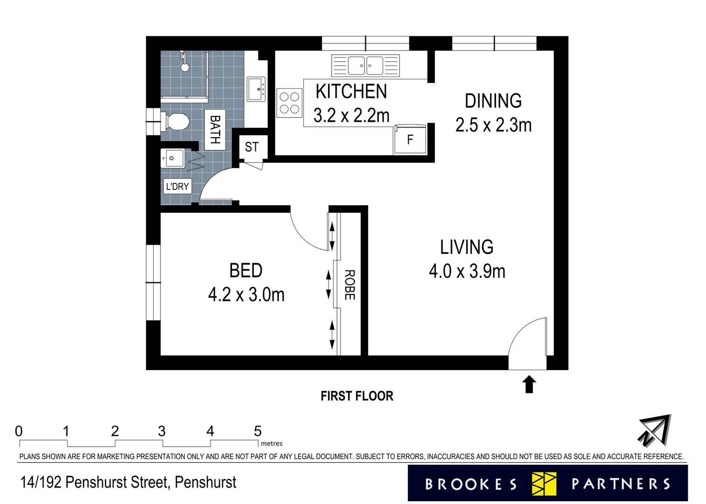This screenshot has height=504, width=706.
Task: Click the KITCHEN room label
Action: pyautogui.click(x=351, y=91)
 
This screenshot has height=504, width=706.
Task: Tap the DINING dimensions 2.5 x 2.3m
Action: pyautogui.click(x=493, y=125)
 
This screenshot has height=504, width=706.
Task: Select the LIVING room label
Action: pyautogui.click(x=467, y=247)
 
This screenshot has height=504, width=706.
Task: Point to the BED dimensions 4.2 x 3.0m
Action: pyautogui.click(x=246, y=295)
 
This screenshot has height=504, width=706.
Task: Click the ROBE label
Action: pyautogui.click(x=350, y=285)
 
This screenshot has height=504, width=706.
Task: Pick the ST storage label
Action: pyautogui.click(x=252, y=147)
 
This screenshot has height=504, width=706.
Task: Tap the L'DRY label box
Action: pyautogui.click(x=177, y=187)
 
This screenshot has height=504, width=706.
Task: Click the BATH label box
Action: pyautogui.click(x=215, y=130)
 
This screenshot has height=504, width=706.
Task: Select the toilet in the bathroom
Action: pyautogui.click(x=175, y=121)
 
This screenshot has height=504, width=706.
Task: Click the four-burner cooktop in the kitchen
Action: pyautogui.click(x=290, y=103)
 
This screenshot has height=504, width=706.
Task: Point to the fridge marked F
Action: pyautogui.click(x=410, y=139)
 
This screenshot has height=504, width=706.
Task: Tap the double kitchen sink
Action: pyautogui.click(x=366, y=66)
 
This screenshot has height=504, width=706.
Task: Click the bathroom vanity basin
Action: pyautogui.click(x=256, y=89)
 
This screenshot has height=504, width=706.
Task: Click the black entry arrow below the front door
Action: pyautogui.click(x=529, y=384)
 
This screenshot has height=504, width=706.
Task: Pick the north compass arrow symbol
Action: pyautogui.click(x=655, y=431)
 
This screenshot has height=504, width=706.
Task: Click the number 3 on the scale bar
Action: pyautogui.click(x=162, y=431)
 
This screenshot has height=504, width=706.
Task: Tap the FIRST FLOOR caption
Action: pyautogui.click(x=357, y=396)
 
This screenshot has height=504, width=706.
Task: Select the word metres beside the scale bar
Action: pyautogui.click(x=272, y=443)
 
